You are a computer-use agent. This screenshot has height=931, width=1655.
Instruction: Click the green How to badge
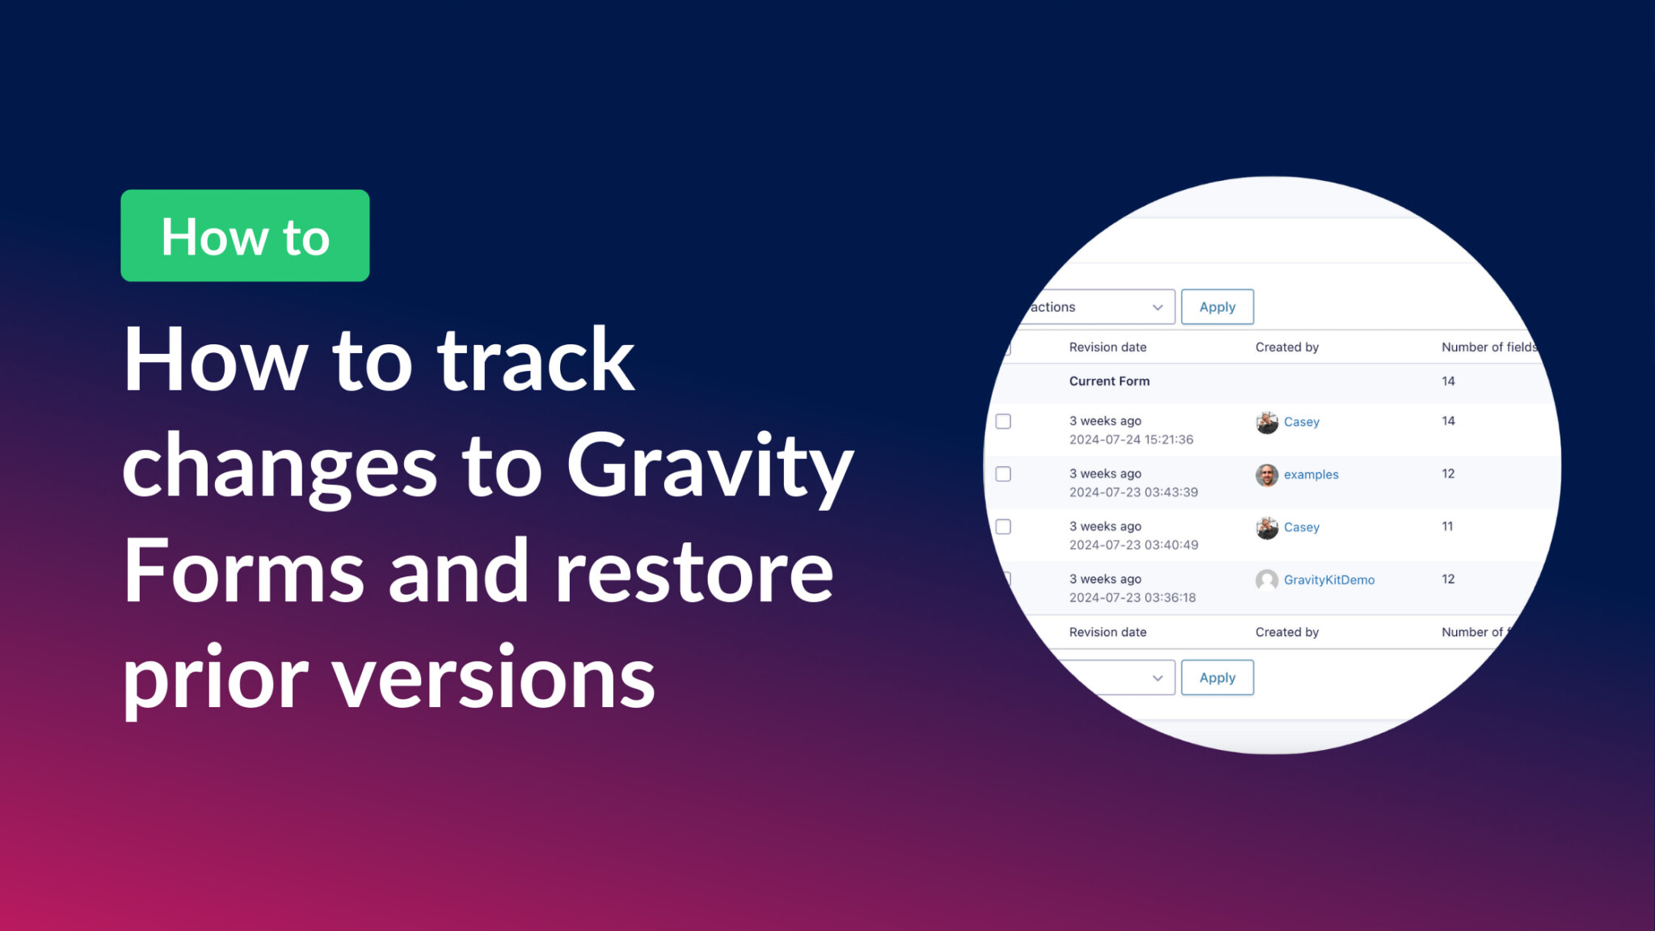point(245,235)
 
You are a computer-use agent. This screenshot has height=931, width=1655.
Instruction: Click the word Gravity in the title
point(710,468)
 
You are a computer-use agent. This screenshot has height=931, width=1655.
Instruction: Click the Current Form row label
point(1109,381)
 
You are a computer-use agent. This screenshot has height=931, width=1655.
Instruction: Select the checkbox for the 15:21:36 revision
point(1004,421)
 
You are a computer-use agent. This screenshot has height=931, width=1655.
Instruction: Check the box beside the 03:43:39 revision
point(1004,474)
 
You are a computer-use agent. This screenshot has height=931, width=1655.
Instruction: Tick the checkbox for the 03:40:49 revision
point(1004,527)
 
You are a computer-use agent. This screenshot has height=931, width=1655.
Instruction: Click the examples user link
point(1311,474)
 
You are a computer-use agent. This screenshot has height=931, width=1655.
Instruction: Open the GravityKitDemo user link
point(1329,579)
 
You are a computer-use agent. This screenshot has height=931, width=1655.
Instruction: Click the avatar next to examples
point(1266,475)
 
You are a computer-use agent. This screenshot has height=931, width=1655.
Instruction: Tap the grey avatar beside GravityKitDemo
point(1266,580)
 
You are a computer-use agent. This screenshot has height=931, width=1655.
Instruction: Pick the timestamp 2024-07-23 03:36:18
point(1132,598)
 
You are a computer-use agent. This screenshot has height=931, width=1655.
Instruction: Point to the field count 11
point(1447,526)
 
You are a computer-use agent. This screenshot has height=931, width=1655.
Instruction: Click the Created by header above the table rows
point(1287,348)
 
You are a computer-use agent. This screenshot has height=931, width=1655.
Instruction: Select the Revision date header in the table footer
point(1107,632)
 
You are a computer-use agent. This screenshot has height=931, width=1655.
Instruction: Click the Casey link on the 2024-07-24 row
point(1301,422)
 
